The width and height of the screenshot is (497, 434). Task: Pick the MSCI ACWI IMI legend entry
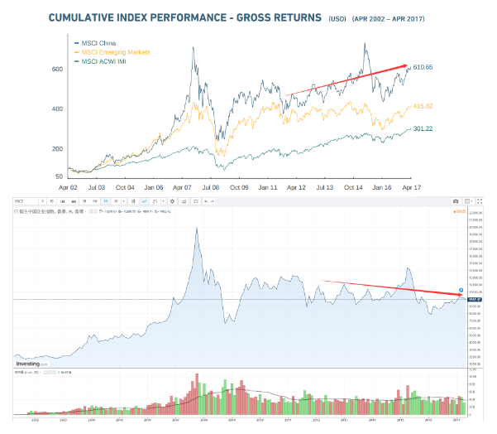pos(102,62)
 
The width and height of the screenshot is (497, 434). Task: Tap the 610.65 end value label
pos(423,67)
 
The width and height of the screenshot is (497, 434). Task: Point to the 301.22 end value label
pos(423,128)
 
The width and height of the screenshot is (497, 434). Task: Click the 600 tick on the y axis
pos(58,69)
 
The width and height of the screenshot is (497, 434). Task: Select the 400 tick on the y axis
pos(58,108)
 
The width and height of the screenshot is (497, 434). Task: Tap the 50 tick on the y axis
pos(60,176)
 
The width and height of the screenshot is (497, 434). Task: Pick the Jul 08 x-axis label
pos(210,188)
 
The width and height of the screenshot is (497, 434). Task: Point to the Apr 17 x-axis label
pos(411,188)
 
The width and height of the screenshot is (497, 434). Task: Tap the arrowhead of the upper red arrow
pos(408,66)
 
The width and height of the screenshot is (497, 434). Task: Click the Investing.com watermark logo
pos(33,363)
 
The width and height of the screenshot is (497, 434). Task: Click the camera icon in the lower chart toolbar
pos(455,201)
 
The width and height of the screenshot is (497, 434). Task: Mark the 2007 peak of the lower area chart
pos(196,229)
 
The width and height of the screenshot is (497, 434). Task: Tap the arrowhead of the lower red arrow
pos(461,292)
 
